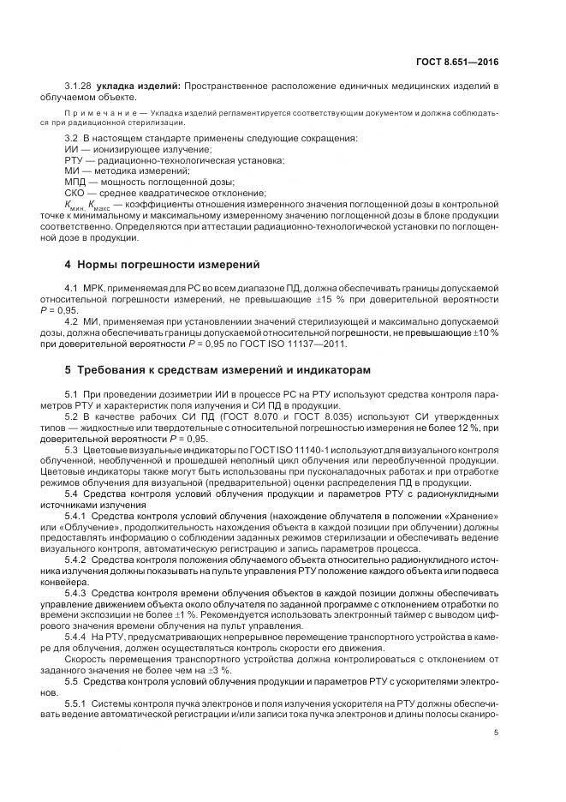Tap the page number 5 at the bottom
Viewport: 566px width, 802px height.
pos(497,732)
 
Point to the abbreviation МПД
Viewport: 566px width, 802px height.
pos(75,182)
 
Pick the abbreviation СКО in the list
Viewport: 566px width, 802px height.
pos(75,193)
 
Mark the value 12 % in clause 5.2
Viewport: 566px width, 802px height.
pos(448,428)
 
